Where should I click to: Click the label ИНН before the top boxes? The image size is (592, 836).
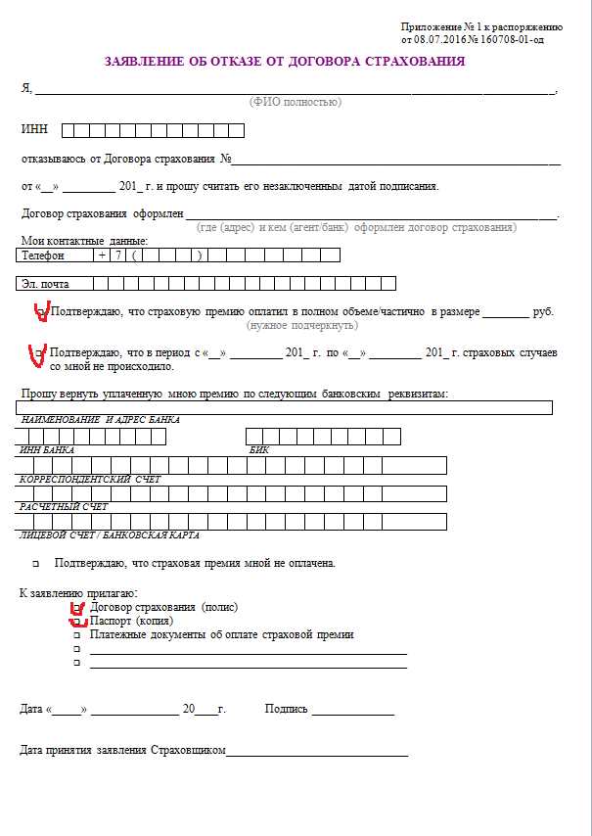point(33,130)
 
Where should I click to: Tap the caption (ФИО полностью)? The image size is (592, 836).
point(295,102)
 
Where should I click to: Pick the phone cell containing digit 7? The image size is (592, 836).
point(119,255)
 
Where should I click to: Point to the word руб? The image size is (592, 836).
point(543,311)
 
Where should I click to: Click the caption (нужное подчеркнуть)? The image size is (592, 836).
point(302,325)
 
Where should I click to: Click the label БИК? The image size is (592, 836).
point(259,449)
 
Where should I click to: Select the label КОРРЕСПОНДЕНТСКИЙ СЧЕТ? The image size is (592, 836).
point(90,479)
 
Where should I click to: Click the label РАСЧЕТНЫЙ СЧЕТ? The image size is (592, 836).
point(64,507)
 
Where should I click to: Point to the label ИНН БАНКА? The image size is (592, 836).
point(47,449)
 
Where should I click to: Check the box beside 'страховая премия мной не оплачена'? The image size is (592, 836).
point(35,565)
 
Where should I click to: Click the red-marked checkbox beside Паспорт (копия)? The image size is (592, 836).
point(77,622)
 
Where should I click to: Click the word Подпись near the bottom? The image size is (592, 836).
point(286,709)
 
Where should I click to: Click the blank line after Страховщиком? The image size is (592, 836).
point(317,752)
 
